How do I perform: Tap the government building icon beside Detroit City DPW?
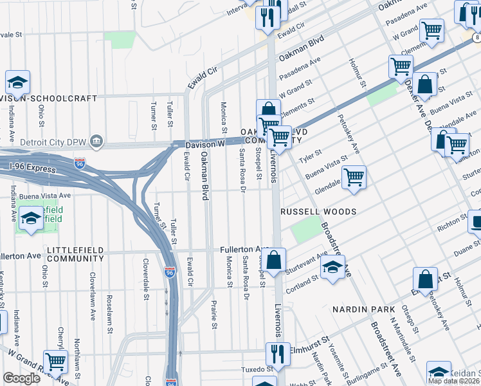[x=96, y=141]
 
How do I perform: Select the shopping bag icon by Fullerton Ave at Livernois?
[x=274, y=261]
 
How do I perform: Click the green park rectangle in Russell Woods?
[x=305, y=229]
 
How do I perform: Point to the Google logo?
[x=21, y=378]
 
